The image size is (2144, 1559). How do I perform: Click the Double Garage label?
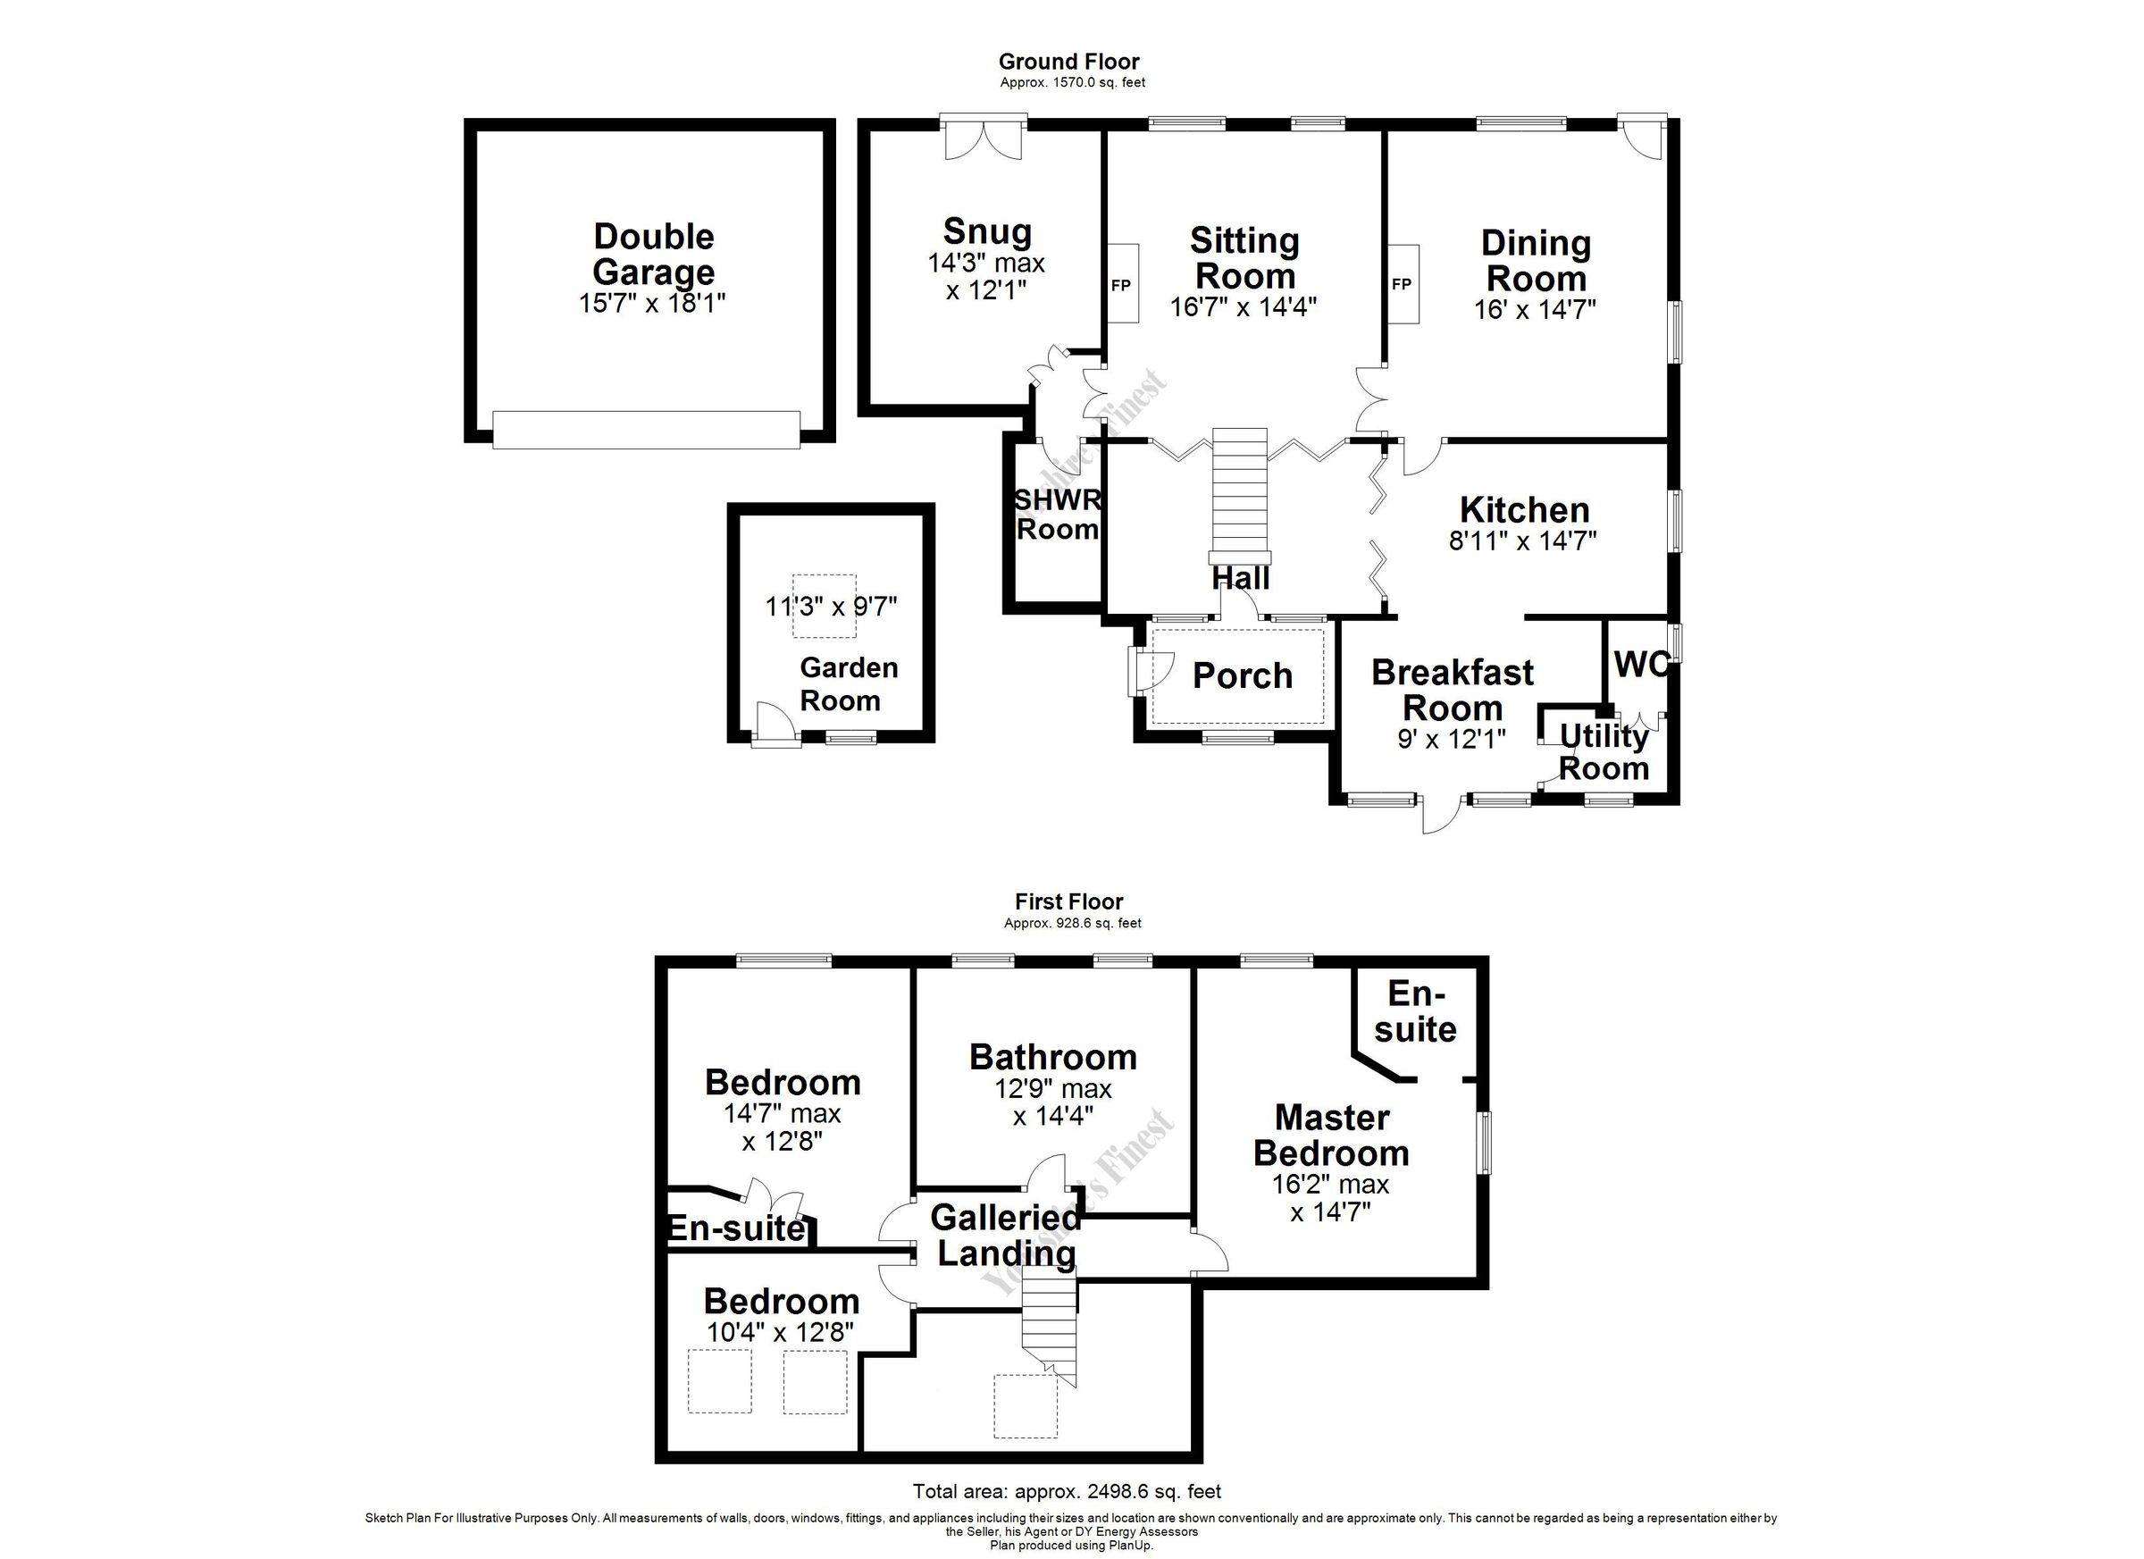pos(652,254)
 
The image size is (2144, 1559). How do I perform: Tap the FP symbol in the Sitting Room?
pos(1121,285)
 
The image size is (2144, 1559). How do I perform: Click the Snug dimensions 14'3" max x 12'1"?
pos(986,276)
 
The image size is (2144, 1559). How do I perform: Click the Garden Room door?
pos(775,726)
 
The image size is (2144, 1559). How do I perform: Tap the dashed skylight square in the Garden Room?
pos(824,605)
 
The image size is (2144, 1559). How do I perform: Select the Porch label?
pos(1242,676)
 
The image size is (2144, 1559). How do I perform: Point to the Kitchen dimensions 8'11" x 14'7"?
pos(1522,541)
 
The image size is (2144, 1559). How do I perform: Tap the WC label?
pos(1640,665)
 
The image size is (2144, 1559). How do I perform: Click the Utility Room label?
pos(1604,751)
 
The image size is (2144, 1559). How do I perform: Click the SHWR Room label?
pos(1057,515)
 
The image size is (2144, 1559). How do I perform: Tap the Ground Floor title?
pos(1069,62)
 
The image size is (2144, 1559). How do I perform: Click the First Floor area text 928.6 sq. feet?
pos(1072,924)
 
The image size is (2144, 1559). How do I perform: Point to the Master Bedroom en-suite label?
pos(1415,1011)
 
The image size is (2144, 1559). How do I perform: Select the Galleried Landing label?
pos(1006,1235)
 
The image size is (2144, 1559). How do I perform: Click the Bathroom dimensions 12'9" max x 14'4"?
pos(1052,1102)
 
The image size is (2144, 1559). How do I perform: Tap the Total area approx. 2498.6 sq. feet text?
pos(1067,1491)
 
